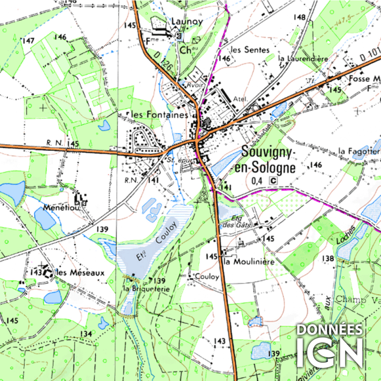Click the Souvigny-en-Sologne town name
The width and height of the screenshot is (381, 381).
(x=269, y=160)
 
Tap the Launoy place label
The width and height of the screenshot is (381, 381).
(x=187, y=21)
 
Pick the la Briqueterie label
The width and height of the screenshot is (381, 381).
(x=146, y=289)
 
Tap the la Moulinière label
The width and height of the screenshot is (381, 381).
(x=249, y=262)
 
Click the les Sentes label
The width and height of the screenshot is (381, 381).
(x=250, y=50)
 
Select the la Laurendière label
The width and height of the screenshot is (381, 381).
(x=304, y=59)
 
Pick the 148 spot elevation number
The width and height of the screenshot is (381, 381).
(x=299, y=17)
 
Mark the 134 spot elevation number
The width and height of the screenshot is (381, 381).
(x=86, y=333)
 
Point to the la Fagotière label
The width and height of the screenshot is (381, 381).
(x=359, y=150)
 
